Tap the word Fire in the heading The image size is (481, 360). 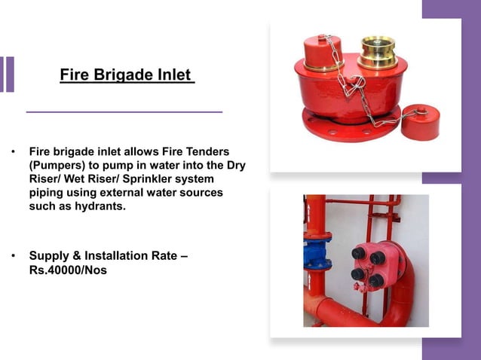coord(75,76)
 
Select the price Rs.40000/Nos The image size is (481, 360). coord(68,270)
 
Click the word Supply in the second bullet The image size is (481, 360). coord(50,256)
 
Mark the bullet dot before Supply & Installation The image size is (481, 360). coord(13,256)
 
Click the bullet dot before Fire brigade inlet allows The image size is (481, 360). coord(13,151)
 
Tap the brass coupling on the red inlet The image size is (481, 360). coord(377,52)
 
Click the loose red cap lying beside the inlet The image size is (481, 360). coord(420,122)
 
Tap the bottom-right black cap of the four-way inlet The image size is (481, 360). coord(376,280)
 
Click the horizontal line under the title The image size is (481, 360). coord(124,111)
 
